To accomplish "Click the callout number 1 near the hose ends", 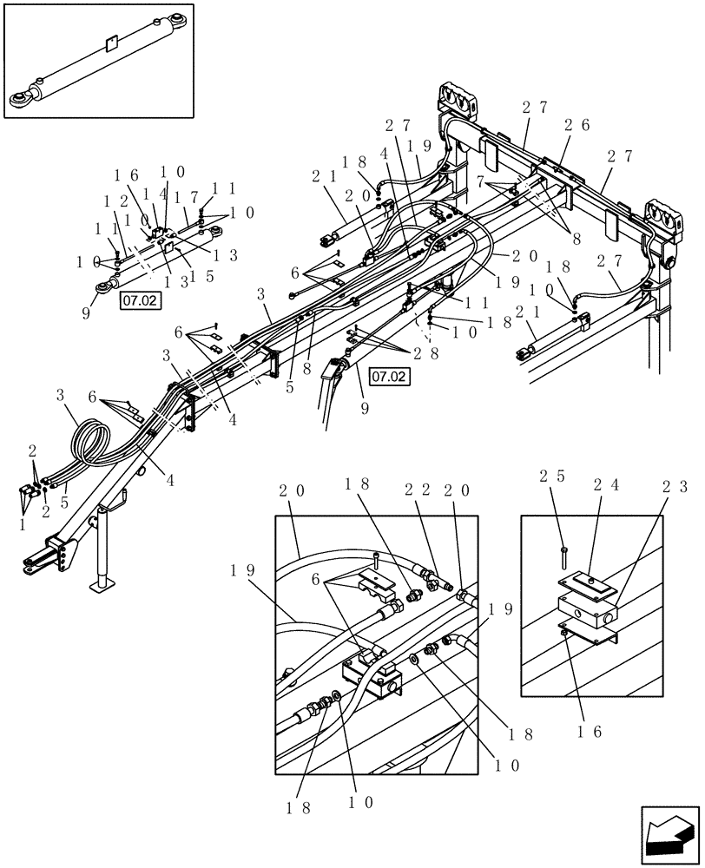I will coord(21,523).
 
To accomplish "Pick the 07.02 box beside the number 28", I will coord(388,376).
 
